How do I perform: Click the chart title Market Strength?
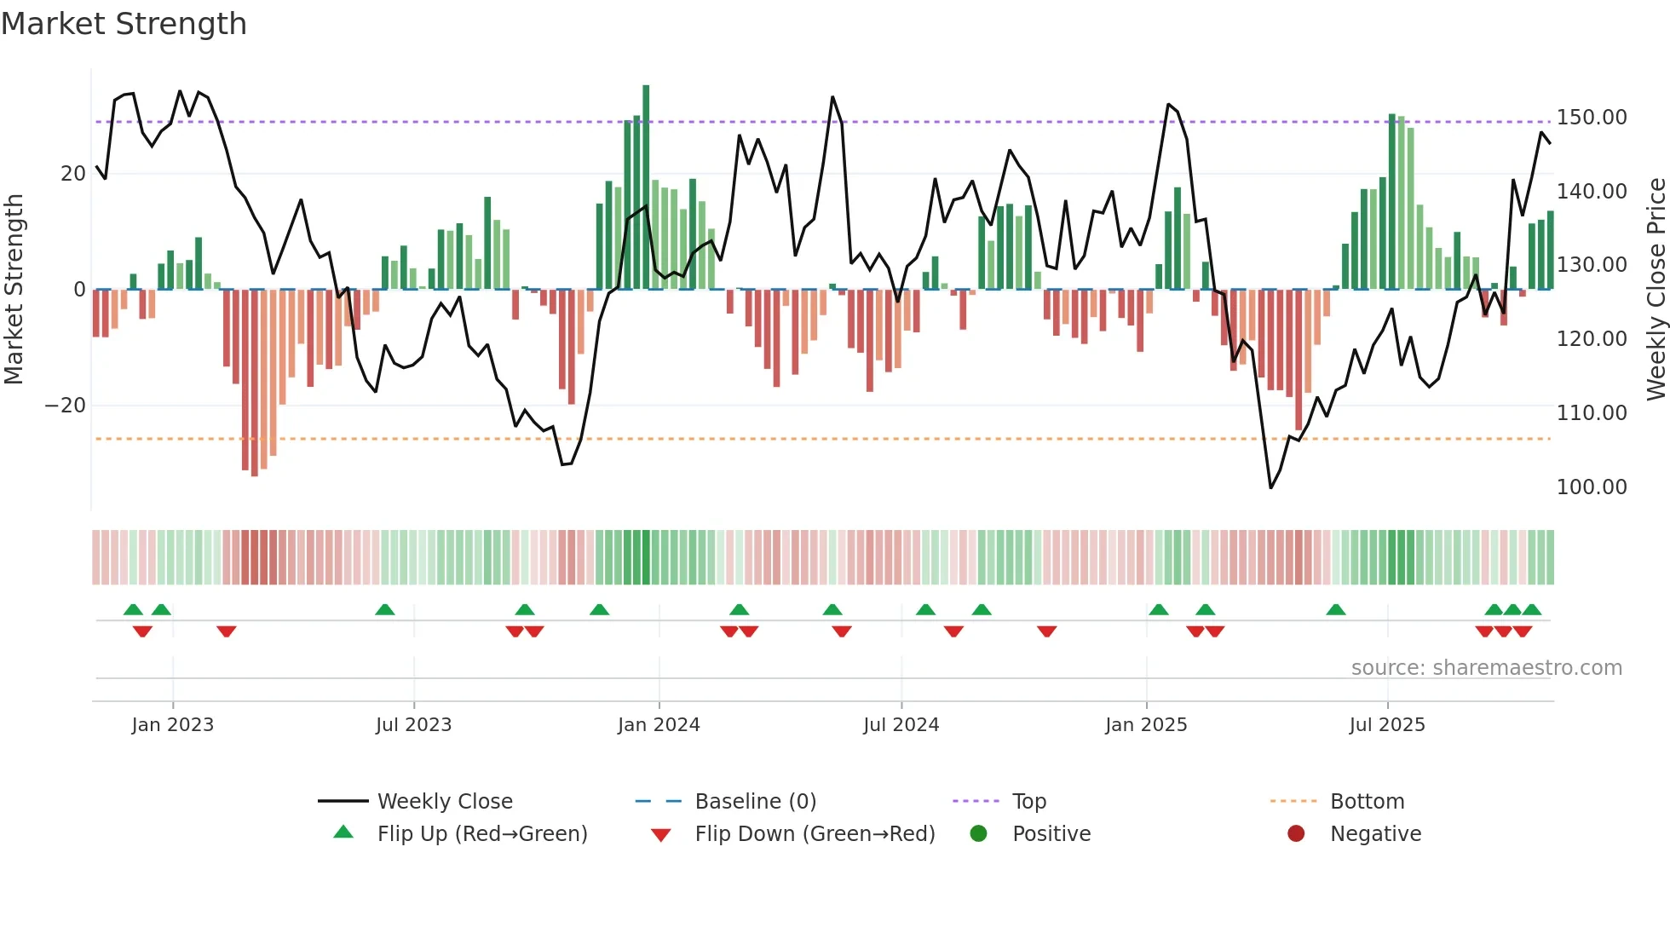124,24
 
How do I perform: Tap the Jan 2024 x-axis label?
659,725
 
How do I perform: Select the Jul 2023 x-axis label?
413,725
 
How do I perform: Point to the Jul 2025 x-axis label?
1387,725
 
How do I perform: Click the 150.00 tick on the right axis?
1592,118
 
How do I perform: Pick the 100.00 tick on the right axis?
1592,487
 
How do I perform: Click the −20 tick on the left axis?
66,406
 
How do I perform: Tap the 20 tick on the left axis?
73,174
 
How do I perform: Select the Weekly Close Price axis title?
1656,290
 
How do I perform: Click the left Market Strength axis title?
14,290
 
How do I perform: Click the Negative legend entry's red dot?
1296,834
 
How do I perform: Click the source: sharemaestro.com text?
1487,668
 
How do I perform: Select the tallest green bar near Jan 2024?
646,187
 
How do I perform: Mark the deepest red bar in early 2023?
254,383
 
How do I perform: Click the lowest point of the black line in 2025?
1270,487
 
